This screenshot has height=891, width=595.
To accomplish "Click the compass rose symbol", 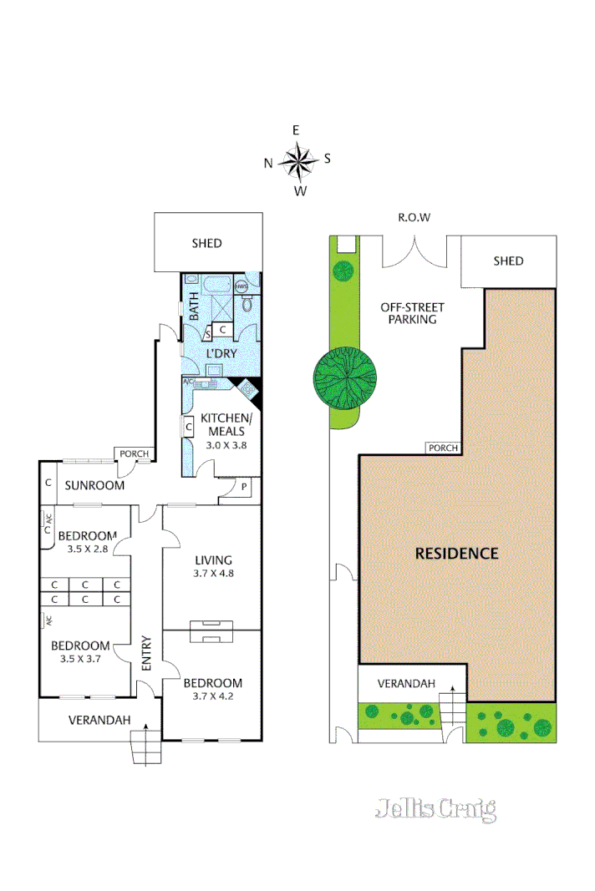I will (x=297, y=161).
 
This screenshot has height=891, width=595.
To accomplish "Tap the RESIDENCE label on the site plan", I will (x=458, y=553).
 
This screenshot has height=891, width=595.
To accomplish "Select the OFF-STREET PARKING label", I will (x=409, y=313).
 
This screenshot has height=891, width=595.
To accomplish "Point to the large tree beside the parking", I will (x=344, y=377).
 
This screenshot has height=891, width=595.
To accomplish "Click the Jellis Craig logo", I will (x=435, y=808).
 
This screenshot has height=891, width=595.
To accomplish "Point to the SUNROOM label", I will (x=95, y=485).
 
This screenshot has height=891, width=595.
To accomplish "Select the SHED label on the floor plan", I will (x=206, y=243).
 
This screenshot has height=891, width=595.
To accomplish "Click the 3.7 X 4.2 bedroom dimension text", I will (x=212, y=696).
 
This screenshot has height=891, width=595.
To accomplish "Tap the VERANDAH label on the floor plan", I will (x=99, y=720).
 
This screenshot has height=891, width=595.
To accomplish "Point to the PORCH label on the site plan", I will (x=443, y=448).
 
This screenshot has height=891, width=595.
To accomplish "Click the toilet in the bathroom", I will (x=248, y=305).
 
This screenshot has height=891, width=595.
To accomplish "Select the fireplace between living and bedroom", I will (x=211, y=631).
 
